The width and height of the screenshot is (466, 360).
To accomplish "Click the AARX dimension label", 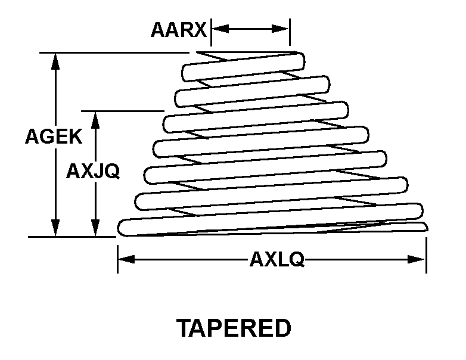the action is point(179,30).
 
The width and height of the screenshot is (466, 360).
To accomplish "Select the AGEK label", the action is point(54,136).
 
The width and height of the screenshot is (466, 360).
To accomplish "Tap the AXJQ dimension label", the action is point(93,171).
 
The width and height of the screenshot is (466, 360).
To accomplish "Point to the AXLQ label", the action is point(277,259).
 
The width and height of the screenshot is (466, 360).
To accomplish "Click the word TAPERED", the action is point(234,328).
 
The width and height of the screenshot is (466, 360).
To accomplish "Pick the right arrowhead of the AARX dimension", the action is point(281,29).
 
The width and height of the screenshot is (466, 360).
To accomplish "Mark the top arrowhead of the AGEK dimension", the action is point(55,61).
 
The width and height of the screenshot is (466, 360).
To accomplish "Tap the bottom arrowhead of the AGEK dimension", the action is point(55,228).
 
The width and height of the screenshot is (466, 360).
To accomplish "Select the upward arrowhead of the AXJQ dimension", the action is point(95,120).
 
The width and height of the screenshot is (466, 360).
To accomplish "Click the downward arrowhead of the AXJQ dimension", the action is point(95,228).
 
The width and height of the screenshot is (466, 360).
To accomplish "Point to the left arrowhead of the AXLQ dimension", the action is point(126,259).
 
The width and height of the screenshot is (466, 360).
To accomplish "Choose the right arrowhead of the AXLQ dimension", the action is point(417,259).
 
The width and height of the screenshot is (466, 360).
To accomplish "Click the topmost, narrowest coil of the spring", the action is point(243,67).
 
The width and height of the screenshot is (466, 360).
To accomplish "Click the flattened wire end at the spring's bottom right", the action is point(424,226).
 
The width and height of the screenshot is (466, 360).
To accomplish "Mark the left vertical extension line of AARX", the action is point(212,32).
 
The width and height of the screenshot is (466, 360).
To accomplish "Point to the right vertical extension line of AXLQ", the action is point(427,255).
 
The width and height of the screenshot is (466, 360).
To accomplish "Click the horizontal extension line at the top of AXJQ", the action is point(123,111).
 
